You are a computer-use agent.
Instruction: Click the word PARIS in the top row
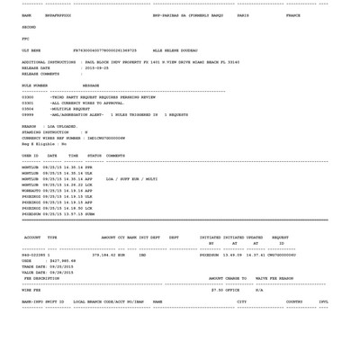click(243, 15)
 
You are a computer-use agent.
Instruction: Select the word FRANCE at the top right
click(293, 15)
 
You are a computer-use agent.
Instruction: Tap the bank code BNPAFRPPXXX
click(58, 15)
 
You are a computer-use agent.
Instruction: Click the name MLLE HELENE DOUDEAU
click(175, 50)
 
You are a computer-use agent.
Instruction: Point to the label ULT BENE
click(31, 50)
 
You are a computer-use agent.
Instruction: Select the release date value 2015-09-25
click(95, 67)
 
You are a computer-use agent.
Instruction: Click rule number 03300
click(28, 97)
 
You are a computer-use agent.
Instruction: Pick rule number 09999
click(28, 115)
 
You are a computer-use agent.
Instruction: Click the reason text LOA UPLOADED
click(62, 127)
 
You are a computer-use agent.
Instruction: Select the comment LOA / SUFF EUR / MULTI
click(131, 179)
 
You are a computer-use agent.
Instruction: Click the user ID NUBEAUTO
click(31, 191)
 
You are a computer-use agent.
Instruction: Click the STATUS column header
click(94, 156)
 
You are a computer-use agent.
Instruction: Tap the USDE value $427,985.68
click(63, 261)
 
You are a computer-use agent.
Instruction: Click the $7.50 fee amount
click(217, 290)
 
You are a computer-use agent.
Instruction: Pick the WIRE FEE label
click(31, 290)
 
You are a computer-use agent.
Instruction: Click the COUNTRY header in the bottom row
click(294, 301)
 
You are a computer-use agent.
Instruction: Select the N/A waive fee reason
click(259, 290)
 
